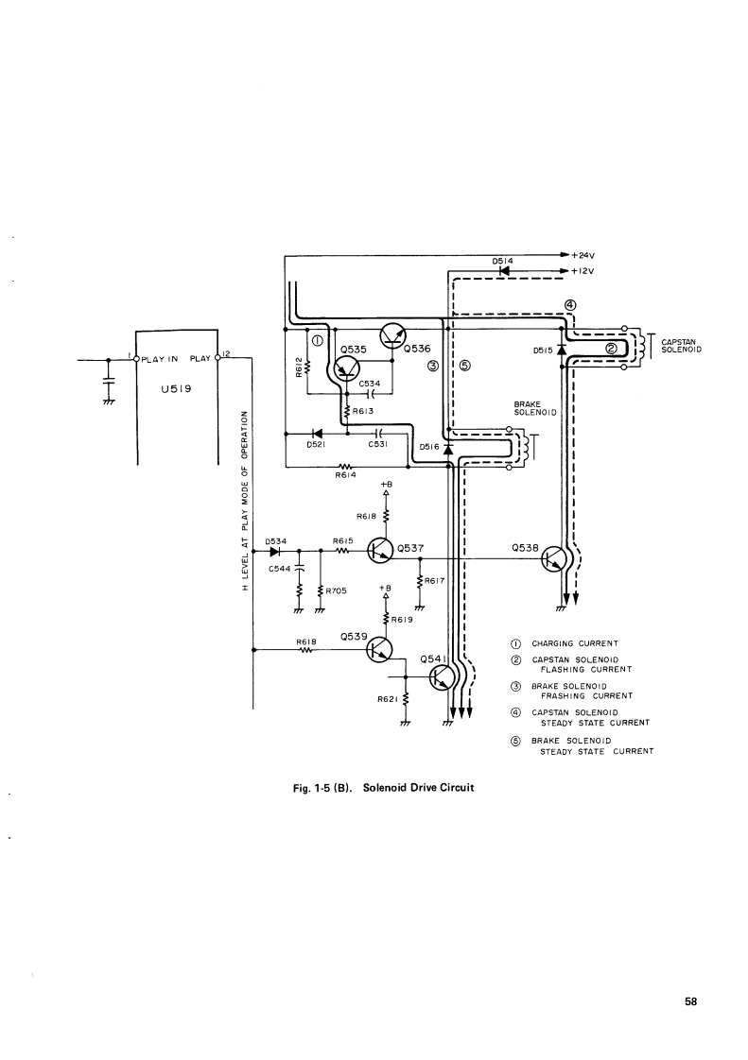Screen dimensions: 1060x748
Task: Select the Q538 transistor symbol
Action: coord(554,559)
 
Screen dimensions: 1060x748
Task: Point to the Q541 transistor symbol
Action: coord(442,677)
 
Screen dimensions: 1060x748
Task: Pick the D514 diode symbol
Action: coord(504,270)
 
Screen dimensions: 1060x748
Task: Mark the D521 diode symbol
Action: coord(317,434)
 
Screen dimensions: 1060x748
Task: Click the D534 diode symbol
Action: coord(275,551)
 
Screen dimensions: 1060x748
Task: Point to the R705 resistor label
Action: coord(338,592)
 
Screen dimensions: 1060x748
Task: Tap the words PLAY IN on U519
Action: coord(162,359)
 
